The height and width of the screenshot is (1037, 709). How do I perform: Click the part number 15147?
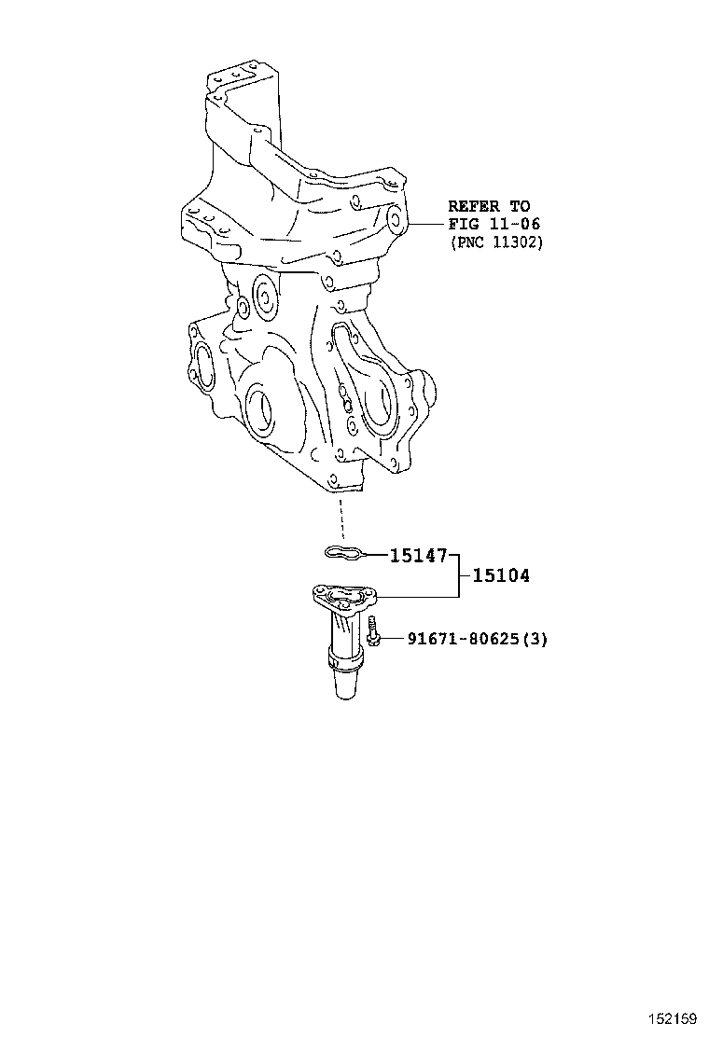418,556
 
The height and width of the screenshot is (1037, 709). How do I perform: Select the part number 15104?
500,576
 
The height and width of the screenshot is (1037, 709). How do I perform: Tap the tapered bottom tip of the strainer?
341,688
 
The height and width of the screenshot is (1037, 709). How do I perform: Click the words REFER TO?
488,206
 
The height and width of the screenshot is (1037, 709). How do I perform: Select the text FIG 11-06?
494,224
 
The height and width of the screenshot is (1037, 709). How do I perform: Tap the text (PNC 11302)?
494,242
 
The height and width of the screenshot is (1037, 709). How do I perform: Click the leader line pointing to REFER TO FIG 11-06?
425,224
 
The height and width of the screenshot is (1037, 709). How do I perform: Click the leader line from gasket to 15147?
374,556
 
